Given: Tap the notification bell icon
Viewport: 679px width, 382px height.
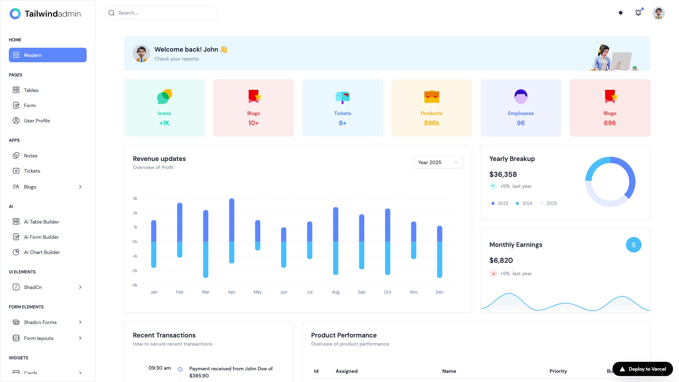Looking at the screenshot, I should [x=638, y=13].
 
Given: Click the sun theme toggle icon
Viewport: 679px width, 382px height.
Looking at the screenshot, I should [x=620, y=13].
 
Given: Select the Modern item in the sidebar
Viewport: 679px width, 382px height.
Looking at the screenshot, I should [x=48, y=55].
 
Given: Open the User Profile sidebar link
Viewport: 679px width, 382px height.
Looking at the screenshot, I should [x=37, y=121].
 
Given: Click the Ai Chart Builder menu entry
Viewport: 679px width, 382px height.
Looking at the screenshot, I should [x=42, y=252].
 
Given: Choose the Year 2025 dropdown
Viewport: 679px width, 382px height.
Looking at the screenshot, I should [x=438, y=162].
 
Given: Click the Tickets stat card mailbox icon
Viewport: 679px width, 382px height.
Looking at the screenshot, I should [x=342, y=97].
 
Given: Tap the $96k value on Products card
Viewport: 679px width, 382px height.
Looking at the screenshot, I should [x=431, y=123].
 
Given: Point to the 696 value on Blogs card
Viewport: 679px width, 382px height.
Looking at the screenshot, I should [x=610, y=123].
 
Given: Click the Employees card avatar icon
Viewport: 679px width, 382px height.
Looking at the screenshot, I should [x=521, y=97].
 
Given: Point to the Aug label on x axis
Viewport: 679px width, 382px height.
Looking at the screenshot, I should [x=335, y=292].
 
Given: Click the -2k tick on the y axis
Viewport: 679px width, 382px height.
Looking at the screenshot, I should [x=134, y=271].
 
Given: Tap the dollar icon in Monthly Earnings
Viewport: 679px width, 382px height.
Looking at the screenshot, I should [x=633, y=245].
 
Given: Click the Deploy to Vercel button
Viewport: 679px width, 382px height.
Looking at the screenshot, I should [x=643, y=369].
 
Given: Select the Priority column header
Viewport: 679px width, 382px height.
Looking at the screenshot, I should [x=558, y=371].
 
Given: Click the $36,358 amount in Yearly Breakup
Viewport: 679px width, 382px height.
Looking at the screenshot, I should [x=503, y=174].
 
